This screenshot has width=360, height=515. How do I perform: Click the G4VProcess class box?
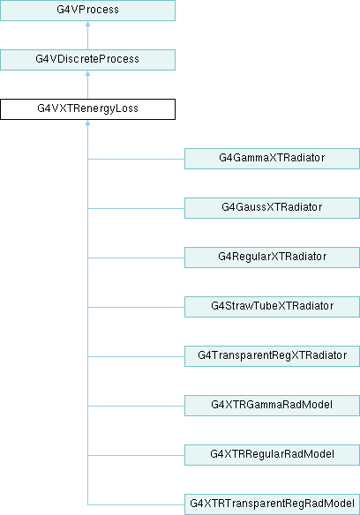pos(87,11)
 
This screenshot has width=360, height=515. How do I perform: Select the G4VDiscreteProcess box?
pos(87,60)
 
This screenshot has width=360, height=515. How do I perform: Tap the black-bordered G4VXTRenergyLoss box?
pos(87,109)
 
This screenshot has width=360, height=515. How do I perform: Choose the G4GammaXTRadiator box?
pos(273,159)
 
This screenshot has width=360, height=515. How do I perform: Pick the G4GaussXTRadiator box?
pos(273,208)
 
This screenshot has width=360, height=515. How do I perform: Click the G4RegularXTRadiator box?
pos(273,257)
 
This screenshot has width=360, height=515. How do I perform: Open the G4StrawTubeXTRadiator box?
pos(273,307)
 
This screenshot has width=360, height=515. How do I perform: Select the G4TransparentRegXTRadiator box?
pos(273,356)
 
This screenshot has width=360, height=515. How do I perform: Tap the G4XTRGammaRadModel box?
pos(273,406)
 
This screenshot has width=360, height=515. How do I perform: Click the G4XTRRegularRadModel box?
pos(273,455)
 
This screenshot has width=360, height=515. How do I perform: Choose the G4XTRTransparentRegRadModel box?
pos(273,504)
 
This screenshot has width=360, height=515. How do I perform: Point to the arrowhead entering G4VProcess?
pos(87,24)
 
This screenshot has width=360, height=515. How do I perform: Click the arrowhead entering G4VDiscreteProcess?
pos(87,73)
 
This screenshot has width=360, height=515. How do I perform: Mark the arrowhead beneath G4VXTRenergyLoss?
pos(87,123)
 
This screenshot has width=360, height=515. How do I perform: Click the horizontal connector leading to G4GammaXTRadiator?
pos(136,159)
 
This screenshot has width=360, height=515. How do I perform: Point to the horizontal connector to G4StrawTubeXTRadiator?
pos(136,307)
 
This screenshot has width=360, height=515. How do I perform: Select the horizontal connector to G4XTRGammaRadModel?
pos(136,406)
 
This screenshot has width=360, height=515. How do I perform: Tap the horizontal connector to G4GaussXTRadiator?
pos(136,208)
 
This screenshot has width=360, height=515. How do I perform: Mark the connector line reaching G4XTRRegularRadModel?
pos(136,455)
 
